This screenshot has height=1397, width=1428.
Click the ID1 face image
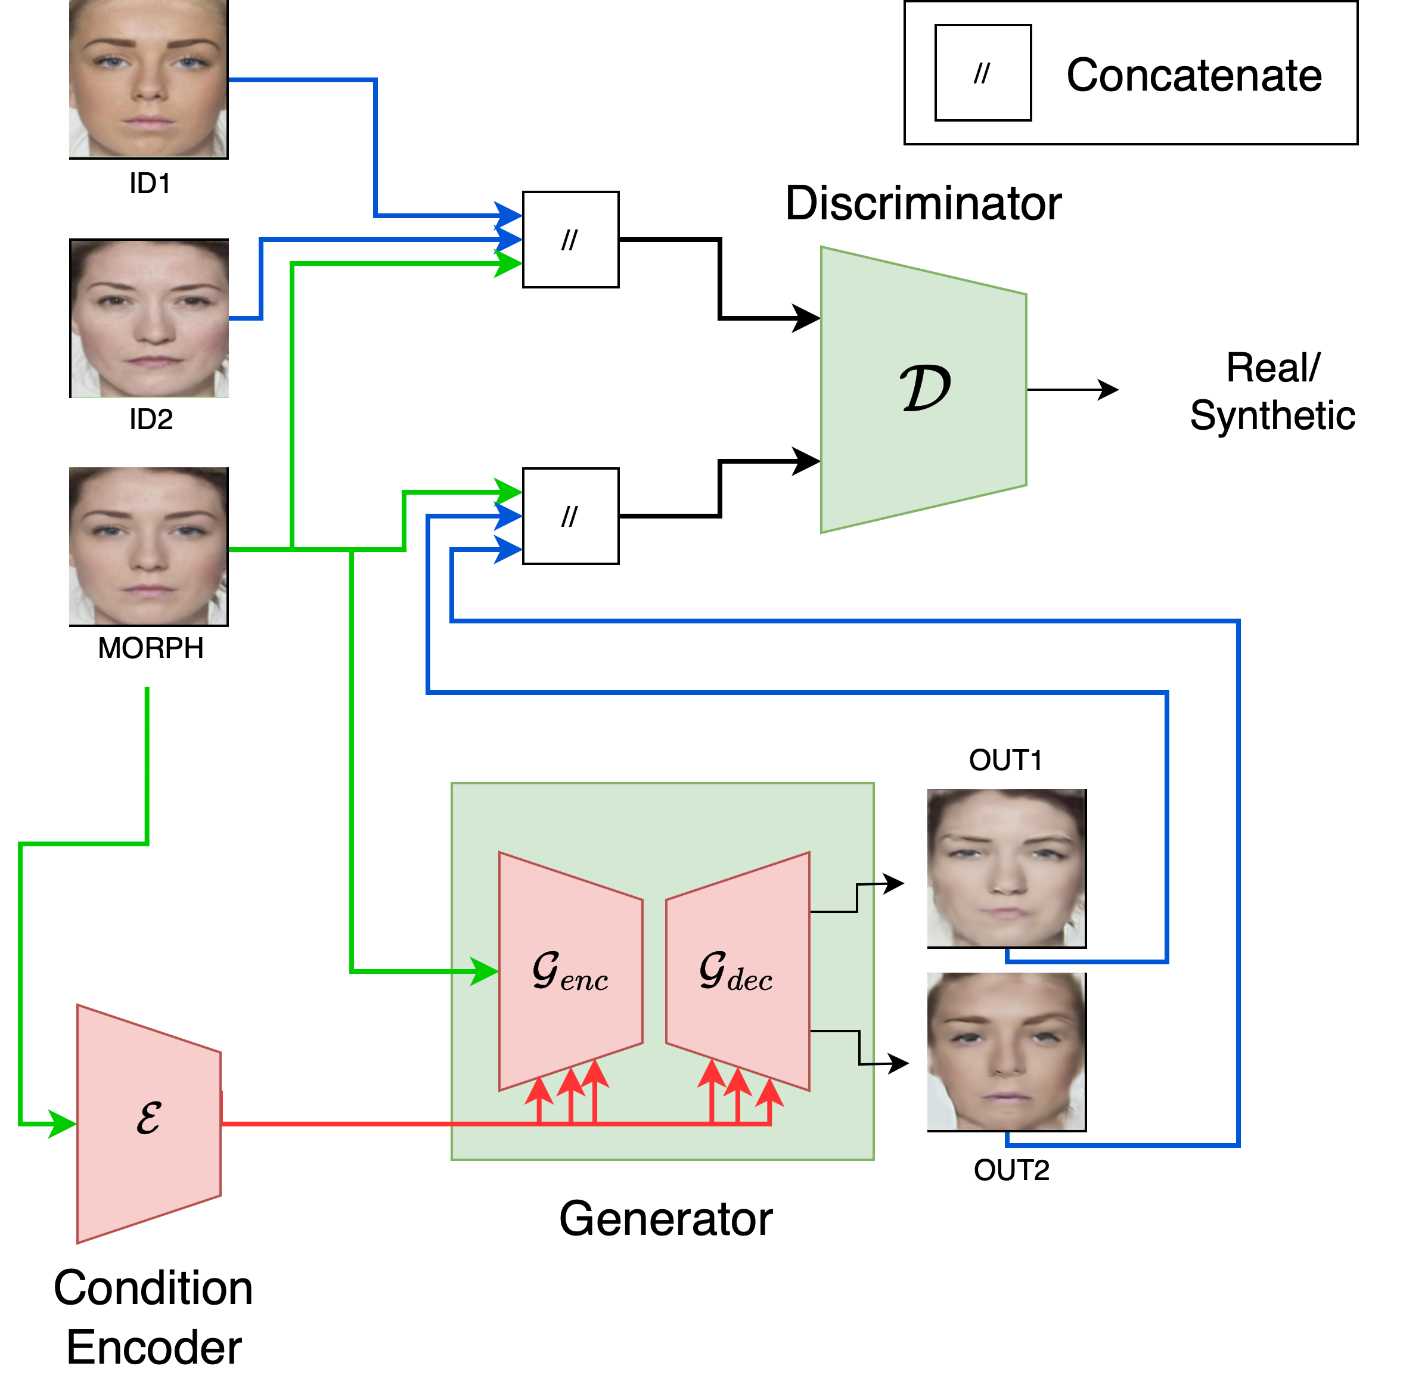click(x=148, y=79)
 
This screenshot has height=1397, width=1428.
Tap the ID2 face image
click(x=149, y=318)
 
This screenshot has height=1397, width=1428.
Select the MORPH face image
click(x=148, y=547)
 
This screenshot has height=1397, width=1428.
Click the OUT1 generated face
click(x=1006, y=868)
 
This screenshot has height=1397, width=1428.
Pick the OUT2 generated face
click(x=1006, y=1051)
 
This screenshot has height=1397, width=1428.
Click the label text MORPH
click(x=150, y=648)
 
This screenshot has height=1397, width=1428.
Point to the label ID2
click(x=150, y=420)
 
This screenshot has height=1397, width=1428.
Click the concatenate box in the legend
click(x=983, y=73)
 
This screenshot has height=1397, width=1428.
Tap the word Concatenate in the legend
click(x=1194, y=75)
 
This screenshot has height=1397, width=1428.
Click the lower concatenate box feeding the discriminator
click(x=570, y=516)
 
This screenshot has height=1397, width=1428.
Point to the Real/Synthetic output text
click(x=1272, y=391)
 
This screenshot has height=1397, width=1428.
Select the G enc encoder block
click(x=570, y=971)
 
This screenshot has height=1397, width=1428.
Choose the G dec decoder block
click(x=737, y=971)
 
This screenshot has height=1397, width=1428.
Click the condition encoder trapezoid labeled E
click(x=149, y=1123)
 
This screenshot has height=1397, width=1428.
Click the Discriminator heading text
click(x=923, y=203)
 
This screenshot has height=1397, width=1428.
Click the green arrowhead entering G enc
click(x=485, y=971)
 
